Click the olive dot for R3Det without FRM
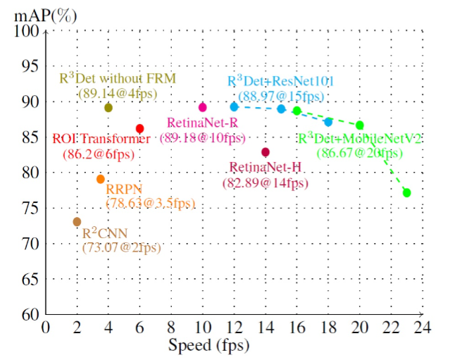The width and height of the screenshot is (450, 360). [108, 108]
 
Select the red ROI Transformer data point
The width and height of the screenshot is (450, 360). [139, 128]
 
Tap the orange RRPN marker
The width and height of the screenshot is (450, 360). [101, 179]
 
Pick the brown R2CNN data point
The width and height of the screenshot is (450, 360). [77, 222]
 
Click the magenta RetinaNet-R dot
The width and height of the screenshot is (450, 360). [203, 107]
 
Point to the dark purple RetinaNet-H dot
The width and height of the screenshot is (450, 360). [265, 152]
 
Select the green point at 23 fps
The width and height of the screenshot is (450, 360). [406, 192]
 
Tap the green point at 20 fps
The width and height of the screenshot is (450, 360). [360, 125]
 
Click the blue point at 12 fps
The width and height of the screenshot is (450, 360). [234, 106]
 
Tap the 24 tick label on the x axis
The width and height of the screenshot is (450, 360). [422, 328]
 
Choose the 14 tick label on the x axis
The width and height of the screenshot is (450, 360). [265, 328]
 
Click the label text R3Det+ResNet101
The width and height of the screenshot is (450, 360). [280, 81]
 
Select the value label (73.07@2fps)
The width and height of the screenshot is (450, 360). [121, 247]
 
